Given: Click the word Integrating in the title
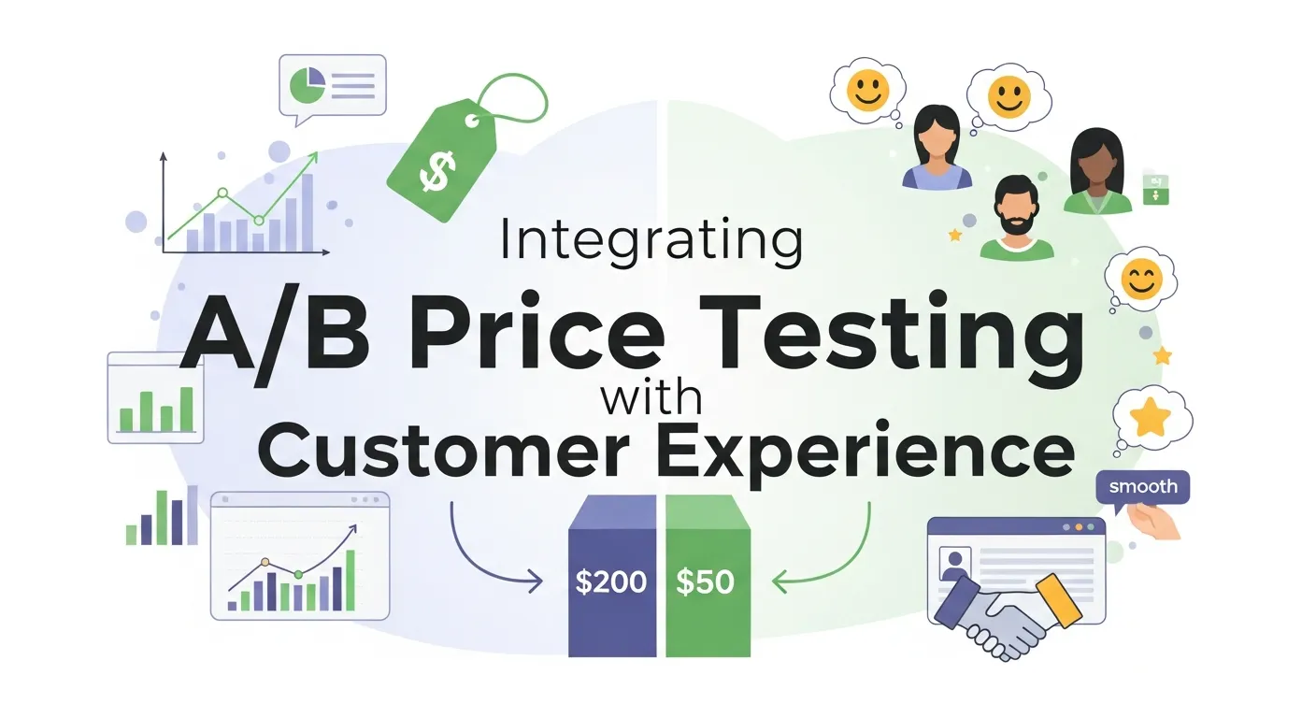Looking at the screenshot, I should click(651, 240).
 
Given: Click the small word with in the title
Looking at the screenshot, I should click(651, 399).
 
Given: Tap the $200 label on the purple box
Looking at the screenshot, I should click(611, 582).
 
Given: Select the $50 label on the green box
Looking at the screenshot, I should click(705, 582).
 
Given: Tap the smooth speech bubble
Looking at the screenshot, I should click(1142, 487).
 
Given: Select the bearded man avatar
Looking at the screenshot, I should click(1016, 217).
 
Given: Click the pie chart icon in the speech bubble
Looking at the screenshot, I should click(307, 85).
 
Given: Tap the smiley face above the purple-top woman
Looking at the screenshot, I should click(867, 90).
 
